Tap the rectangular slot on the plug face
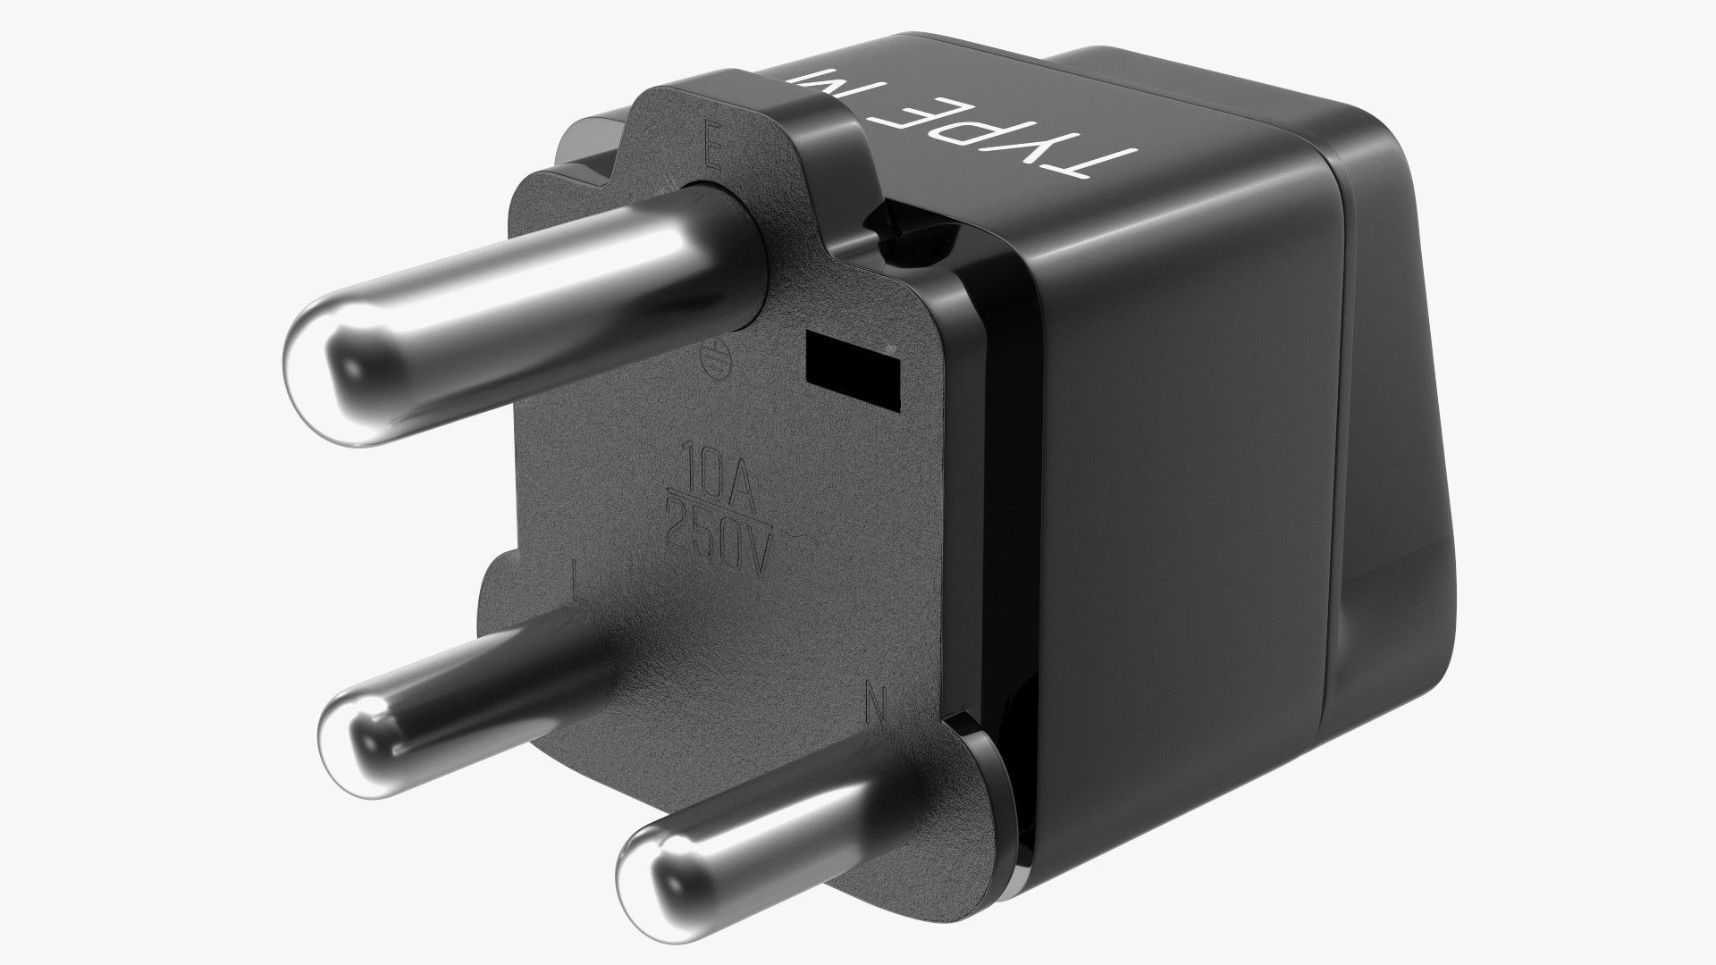852,365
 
